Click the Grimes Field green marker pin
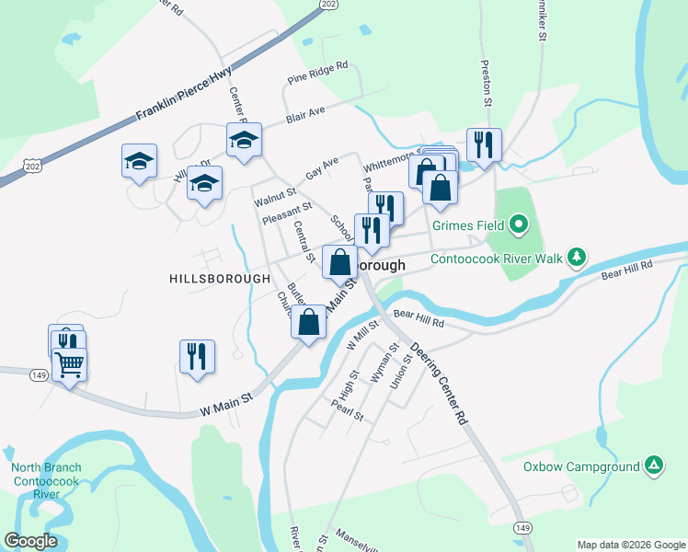click(517, 224)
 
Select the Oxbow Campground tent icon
click(653, 466)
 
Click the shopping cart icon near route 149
click(70, 364)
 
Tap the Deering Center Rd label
click(440, 384)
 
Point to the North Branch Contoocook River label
click(46, 480)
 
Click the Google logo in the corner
click(30, 541)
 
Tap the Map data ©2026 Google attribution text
click(630, 544)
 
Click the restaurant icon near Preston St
click(484, 144)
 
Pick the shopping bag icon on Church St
click(309, 321)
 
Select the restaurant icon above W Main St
click(197, 355)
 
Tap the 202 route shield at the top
click(328, 5)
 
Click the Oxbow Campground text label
click(581, 466)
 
